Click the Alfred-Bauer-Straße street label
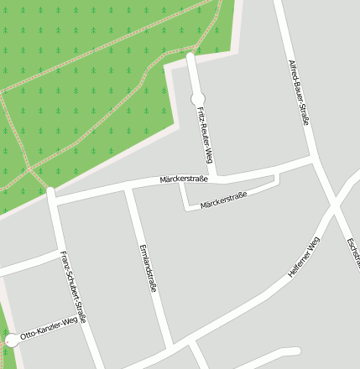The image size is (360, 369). tap(299, 93)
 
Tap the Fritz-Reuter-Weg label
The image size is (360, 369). tap(203, 134)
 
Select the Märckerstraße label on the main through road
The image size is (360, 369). tap(184, 179)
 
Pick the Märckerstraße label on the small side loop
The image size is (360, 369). tap(223, 200)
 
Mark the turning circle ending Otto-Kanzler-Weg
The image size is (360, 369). tap(11, 340)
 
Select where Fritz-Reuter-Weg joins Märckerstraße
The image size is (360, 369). tap(216, 177)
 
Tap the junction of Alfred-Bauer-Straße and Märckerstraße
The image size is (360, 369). tap(313, 159)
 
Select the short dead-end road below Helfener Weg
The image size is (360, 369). tap(269, 354)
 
